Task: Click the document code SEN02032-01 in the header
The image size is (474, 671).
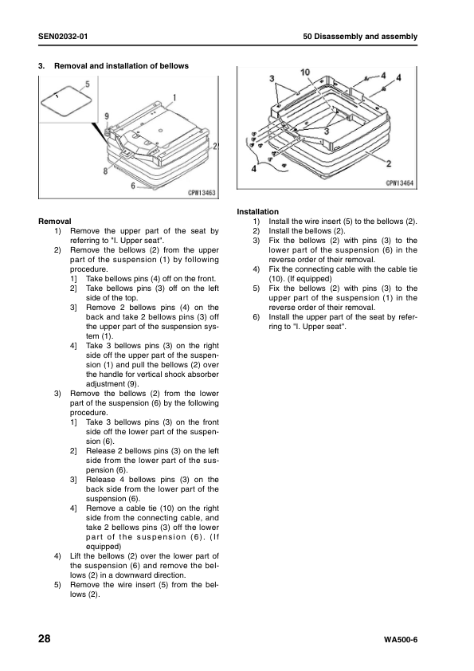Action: coord(63,37)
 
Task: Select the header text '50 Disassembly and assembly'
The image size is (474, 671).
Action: coord(360,37)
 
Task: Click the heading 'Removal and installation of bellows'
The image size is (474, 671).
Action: coord(122,66)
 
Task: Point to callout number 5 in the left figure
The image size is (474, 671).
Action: coord(88,84)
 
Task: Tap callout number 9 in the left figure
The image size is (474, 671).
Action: coord(107,116)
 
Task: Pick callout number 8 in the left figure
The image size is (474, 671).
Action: coord(105,171)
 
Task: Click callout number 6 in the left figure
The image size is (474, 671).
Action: coord(133,186)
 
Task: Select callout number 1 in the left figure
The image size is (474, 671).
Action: coord(174,97)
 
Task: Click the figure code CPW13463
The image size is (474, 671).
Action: coord(202,193)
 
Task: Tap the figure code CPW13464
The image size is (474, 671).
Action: coord(400,183)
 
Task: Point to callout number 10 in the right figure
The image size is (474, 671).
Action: coord(305,73)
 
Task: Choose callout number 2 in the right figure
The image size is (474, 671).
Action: coord(389,163)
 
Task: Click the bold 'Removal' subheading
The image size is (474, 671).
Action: coord(55,222)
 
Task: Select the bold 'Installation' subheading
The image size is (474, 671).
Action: coord(257,212)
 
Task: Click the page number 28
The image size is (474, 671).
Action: coord(45,639)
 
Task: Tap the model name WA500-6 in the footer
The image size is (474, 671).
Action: coord(401,640)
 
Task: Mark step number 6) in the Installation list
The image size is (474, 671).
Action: coord(257,317)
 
